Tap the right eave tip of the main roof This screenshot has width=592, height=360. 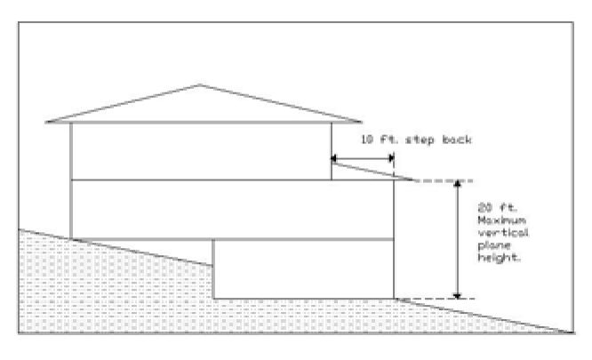point(363,122)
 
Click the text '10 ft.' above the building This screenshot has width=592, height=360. point(376,140)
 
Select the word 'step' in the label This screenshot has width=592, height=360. point(420,140)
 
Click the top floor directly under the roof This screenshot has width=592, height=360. point(200,151)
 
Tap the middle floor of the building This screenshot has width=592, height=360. point(231,210)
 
